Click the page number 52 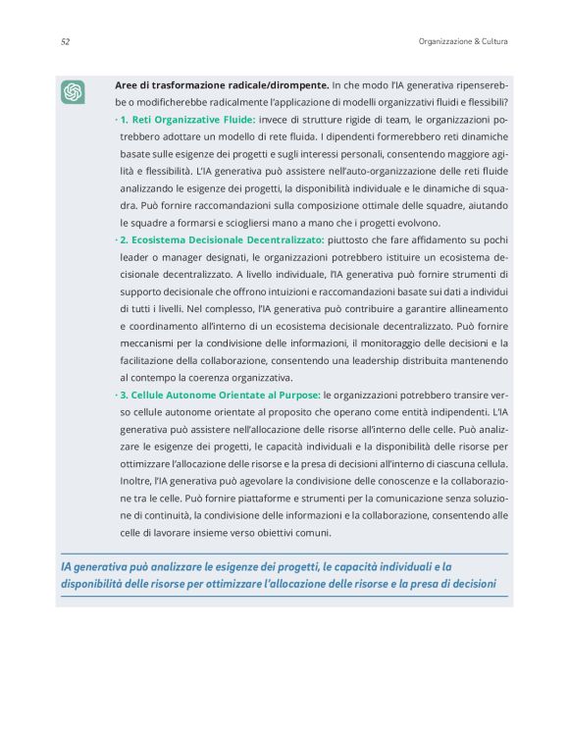click(x=65, y=41)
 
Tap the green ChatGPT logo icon click(x=73, y=92)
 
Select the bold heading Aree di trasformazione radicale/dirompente click(x=222, y=85)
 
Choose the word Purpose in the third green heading click(x=297, y=395)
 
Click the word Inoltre click(x=137, y=481)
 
